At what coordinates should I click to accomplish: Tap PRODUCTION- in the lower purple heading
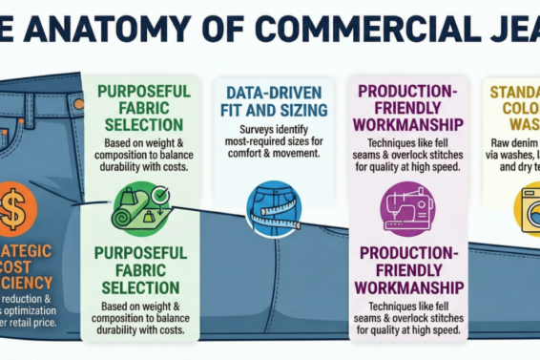(x=409, y=254)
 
